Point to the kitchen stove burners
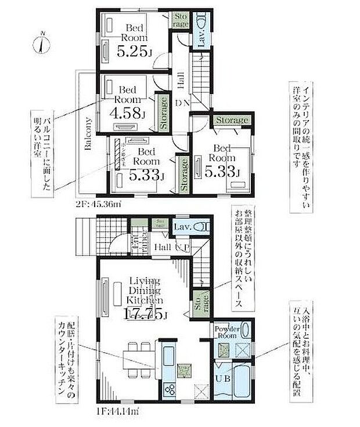(x=170, y=390)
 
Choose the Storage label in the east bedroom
(x=231, y=120)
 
